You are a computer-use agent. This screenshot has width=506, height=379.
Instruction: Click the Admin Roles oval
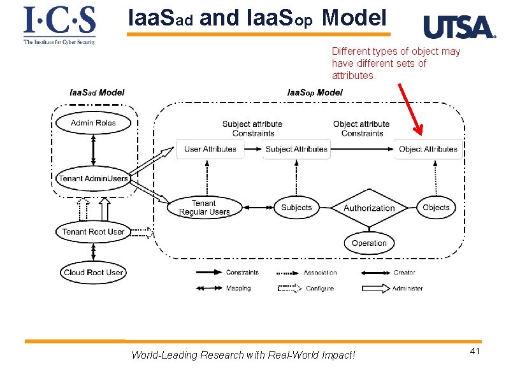tap(93, 123)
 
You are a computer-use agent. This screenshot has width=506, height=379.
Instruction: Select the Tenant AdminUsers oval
tap(93, 178)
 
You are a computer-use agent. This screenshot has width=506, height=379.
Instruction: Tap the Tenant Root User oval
tap(93, 232)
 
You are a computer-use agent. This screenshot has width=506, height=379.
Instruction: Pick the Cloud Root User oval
tap(93, 273)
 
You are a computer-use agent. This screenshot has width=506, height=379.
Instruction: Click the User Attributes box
tap(210, 149)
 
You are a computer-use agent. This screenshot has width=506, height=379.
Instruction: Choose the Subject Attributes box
tap(296, 149)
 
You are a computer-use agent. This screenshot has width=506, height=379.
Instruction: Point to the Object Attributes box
tap(428, 149)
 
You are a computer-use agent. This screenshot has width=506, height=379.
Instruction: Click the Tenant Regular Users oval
tap(204, 208)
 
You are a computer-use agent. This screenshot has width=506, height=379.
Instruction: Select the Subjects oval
tap(296, 208)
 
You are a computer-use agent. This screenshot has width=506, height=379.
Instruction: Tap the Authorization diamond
tap(369, 208)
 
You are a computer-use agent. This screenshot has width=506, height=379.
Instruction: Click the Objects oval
tap(436, 208)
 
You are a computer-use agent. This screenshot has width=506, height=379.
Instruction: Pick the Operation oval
tap(369, 243)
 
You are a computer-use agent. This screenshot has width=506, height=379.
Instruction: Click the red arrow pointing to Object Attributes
tap(410, 108)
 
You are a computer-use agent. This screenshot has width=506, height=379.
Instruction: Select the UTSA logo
tap(459, 27)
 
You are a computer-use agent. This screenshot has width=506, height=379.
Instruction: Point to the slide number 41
tap(474, 352)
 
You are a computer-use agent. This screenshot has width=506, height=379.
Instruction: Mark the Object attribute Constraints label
tap(361, 129)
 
